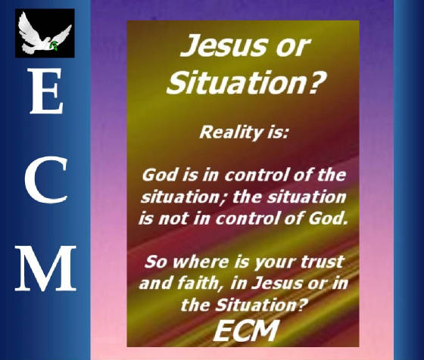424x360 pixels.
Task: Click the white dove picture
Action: (45, 33)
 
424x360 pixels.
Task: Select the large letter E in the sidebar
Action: (46, 91)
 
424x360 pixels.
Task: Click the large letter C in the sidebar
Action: (46, 180)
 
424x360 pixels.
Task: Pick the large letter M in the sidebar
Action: (45, 268)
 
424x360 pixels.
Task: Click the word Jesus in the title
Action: (221, 45)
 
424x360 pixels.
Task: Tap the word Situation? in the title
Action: (245, 82)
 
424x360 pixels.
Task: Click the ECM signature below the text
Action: (245, 331)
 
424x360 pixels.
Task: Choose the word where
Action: (201, 262)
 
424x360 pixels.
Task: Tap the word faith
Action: (198, 284)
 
